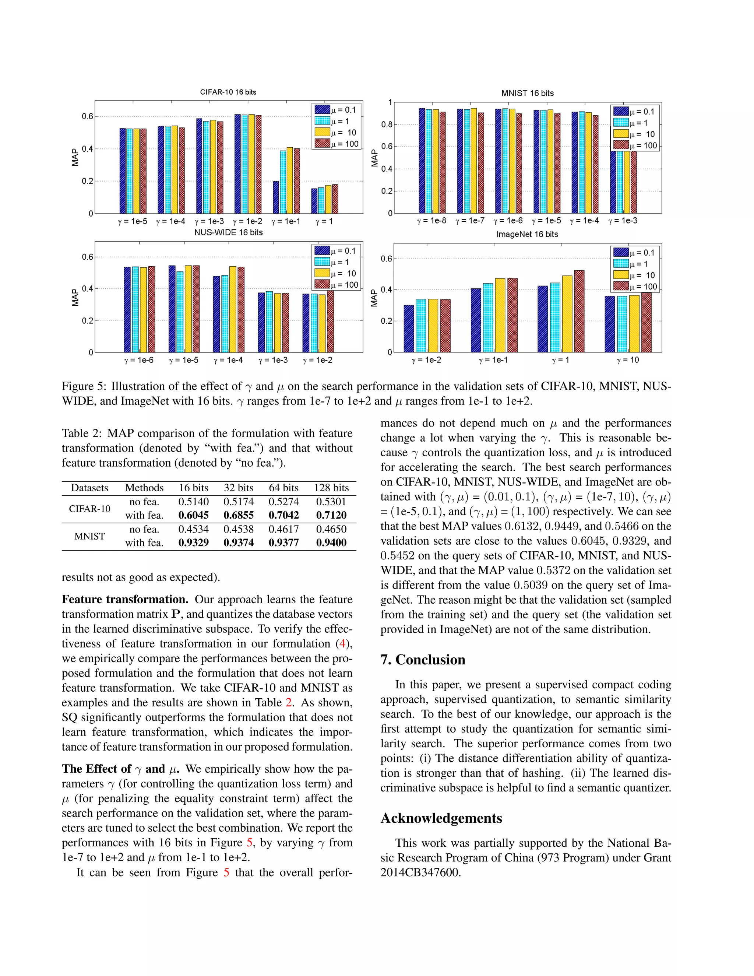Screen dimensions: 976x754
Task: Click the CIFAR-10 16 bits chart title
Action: [x=228, y=92]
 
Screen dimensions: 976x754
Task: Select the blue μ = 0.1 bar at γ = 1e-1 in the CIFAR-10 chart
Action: [x=276, y=197]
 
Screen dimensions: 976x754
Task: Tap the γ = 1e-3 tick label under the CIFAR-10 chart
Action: [x=209, y=221]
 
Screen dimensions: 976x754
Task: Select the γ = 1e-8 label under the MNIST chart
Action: [x=431, y=221]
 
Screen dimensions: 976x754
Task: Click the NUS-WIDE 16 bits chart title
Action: [x=228, y=232]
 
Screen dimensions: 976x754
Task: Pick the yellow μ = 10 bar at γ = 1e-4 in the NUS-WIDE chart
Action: [x=233, y=309]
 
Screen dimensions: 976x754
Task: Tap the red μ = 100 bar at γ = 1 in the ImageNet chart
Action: [x=579, y=312]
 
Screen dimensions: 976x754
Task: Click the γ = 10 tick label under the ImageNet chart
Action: [x=628, y=360]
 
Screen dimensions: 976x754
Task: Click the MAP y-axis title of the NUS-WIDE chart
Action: [x=75, y=297]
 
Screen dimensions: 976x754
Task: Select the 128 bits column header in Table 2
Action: [x=331, y=488]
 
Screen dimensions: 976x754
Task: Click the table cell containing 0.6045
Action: [x=193, y=515]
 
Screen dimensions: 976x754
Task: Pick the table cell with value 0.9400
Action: [x=331, y=543]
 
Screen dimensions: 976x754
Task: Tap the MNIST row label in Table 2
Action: [x=89, y=536]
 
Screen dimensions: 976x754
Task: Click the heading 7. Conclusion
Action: [x=423, y=660]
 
